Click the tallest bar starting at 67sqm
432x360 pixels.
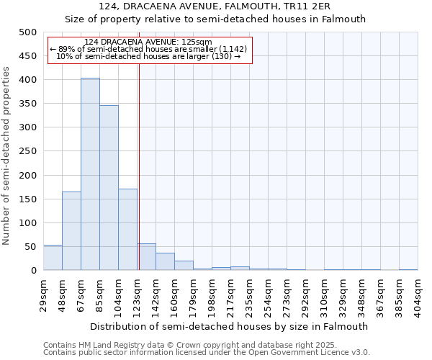click(x=90, y=174)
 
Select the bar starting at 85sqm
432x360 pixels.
click(x=109, y=188)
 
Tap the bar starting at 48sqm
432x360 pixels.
click(x=71, y=230)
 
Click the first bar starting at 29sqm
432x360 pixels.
click(x=53, y=257)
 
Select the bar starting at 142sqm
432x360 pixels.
click(x=165, y=261)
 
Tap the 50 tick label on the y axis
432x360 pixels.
click(x=30, y=247)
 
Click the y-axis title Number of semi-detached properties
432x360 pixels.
click(x=7, y=156)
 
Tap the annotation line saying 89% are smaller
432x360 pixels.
click(x=148, y=49)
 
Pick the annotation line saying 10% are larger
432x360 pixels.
click(x=148, y=56)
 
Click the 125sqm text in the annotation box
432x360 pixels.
click(x=196, y=42)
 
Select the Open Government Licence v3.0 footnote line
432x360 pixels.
click(x=207, y=353)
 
